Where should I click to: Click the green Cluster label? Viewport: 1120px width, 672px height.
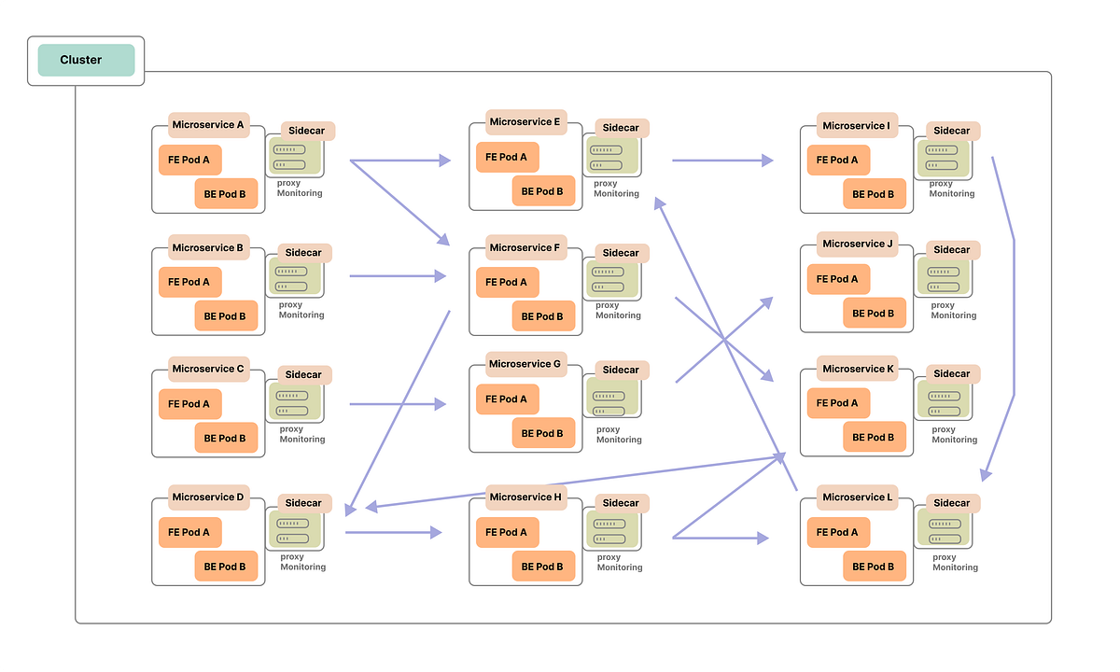pos(86,60)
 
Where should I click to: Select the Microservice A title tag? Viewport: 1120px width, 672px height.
pos(208,125)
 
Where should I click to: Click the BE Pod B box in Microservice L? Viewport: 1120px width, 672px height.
pos(875,567)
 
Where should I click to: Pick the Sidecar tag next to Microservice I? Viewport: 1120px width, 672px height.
pos(952,131)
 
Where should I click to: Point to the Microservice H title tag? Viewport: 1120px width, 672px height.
pos(525,497)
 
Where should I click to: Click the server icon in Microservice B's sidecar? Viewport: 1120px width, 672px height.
pos(295,277)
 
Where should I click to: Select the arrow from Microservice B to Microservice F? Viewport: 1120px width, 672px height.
pos(397,276)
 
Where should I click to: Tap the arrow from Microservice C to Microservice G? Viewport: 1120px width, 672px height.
pos(397,404)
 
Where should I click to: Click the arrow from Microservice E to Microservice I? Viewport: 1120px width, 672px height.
pos(721,161)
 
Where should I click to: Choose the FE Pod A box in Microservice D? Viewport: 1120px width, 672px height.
pos(189,533)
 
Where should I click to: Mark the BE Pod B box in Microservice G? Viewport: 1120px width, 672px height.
pos(542,433)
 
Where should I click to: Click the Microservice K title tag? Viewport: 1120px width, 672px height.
pos(858,369)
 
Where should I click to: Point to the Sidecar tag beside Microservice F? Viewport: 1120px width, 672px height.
pos(621,253)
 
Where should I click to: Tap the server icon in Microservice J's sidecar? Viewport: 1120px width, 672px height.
pos(944,276)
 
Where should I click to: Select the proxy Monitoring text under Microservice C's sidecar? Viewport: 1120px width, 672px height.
pos(301,434)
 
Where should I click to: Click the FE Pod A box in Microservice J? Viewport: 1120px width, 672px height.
pos(838,279)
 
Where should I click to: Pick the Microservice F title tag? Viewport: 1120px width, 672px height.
pos(525,247)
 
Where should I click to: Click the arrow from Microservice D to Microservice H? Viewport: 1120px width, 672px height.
pos(392,533)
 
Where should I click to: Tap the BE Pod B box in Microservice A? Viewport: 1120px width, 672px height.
pos(226,194)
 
